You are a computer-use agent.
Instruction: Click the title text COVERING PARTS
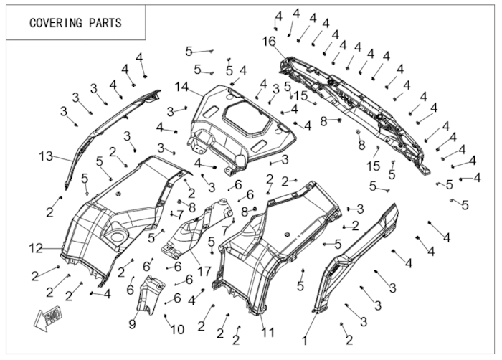tap(75, 22)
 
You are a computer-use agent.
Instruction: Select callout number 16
tap(269, 42)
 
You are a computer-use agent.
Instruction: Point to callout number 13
tap(46, 156)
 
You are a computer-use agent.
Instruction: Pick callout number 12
tap(36, 249)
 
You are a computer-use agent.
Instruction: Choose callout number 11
tap(268, 331)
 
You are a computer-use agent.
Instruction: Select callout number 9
tap(133, 323)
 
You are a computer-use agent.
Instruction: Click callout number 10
tap(176, 329)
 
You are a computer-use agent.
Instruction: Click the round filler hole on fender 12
tap(115, 233)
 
